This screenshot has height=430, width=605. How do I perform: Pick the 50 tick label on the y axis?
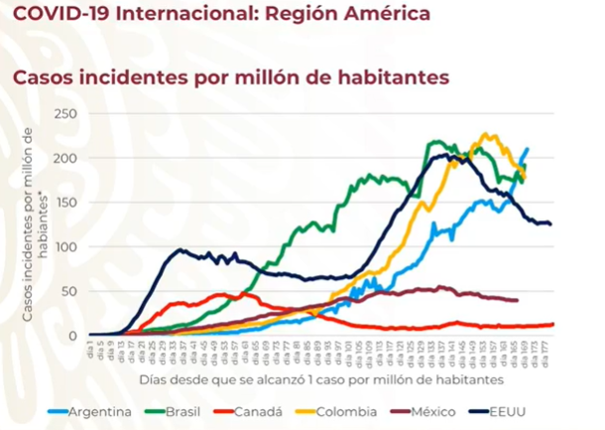(68, 291)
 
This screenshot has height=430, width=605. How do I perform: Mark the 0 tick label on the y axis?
(72, 336)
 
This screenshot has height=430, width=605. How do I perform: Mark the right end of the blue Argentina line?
(527, 149)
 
